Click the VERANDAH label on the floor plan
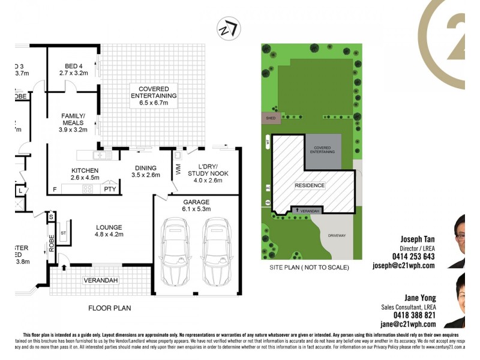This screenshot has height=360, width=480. pos(101,280)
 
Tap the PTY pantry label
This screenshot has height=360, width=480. pos(110,189)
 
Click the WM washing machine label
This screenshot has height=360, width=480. pos(178,171)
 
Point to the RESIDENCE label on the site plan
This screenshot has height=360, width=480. pos(310,186)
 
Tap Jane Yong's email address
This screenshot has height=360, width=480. pos(412,324)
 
